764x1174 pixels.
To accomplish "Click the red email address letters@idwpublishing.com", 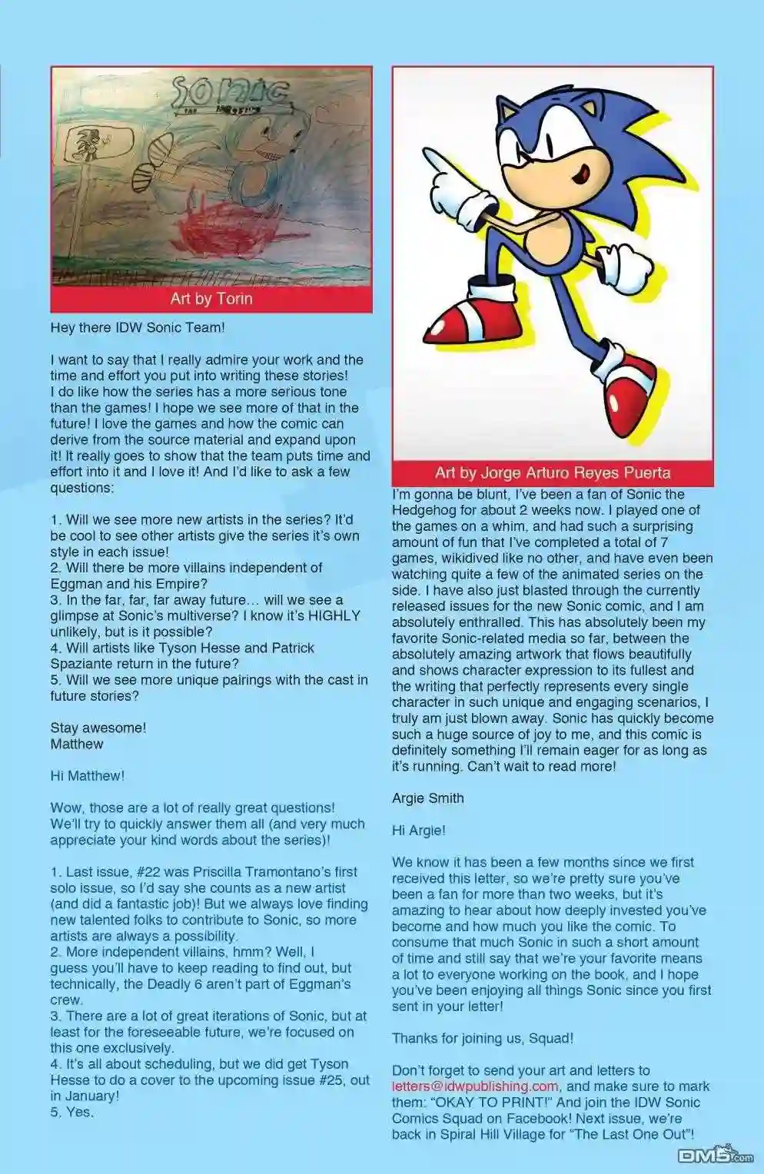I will [475, 1086].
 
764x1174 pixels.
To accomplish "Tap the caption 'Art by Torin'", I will [211, 299].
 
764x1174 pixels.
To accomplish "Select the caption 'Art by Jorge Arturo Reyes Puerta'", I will [553, 473].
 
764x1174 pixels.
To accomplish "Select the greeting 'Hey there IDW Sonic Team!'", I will [138, 328].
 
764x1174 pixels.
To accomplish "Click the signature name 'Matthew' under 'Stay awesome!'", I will [77, 744].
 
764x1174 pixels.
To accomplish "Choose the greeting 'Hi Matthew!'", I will [87, 776].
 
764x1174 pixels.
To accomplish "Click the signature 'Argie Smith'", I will [428, 798].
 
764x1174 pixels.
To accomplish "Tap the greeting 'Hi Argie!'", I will [419, 831].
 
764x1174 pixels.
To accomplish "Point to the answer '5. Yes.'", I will [72, 1112].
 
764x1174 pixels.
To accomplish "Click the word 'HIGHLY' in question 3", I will [333, 615].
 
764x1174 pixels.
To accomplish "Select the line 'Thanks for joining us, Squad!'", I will [483, 1039].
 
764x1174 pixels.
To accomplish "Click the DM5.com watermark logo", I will [715, 1155].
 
